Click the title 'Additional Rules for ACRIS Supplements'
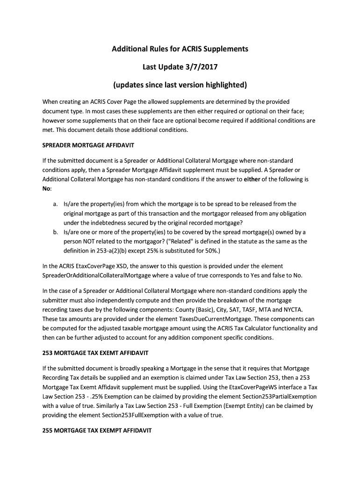click(x=180, y=49)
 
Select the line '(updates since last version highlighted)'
click(x=180, y=85)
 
